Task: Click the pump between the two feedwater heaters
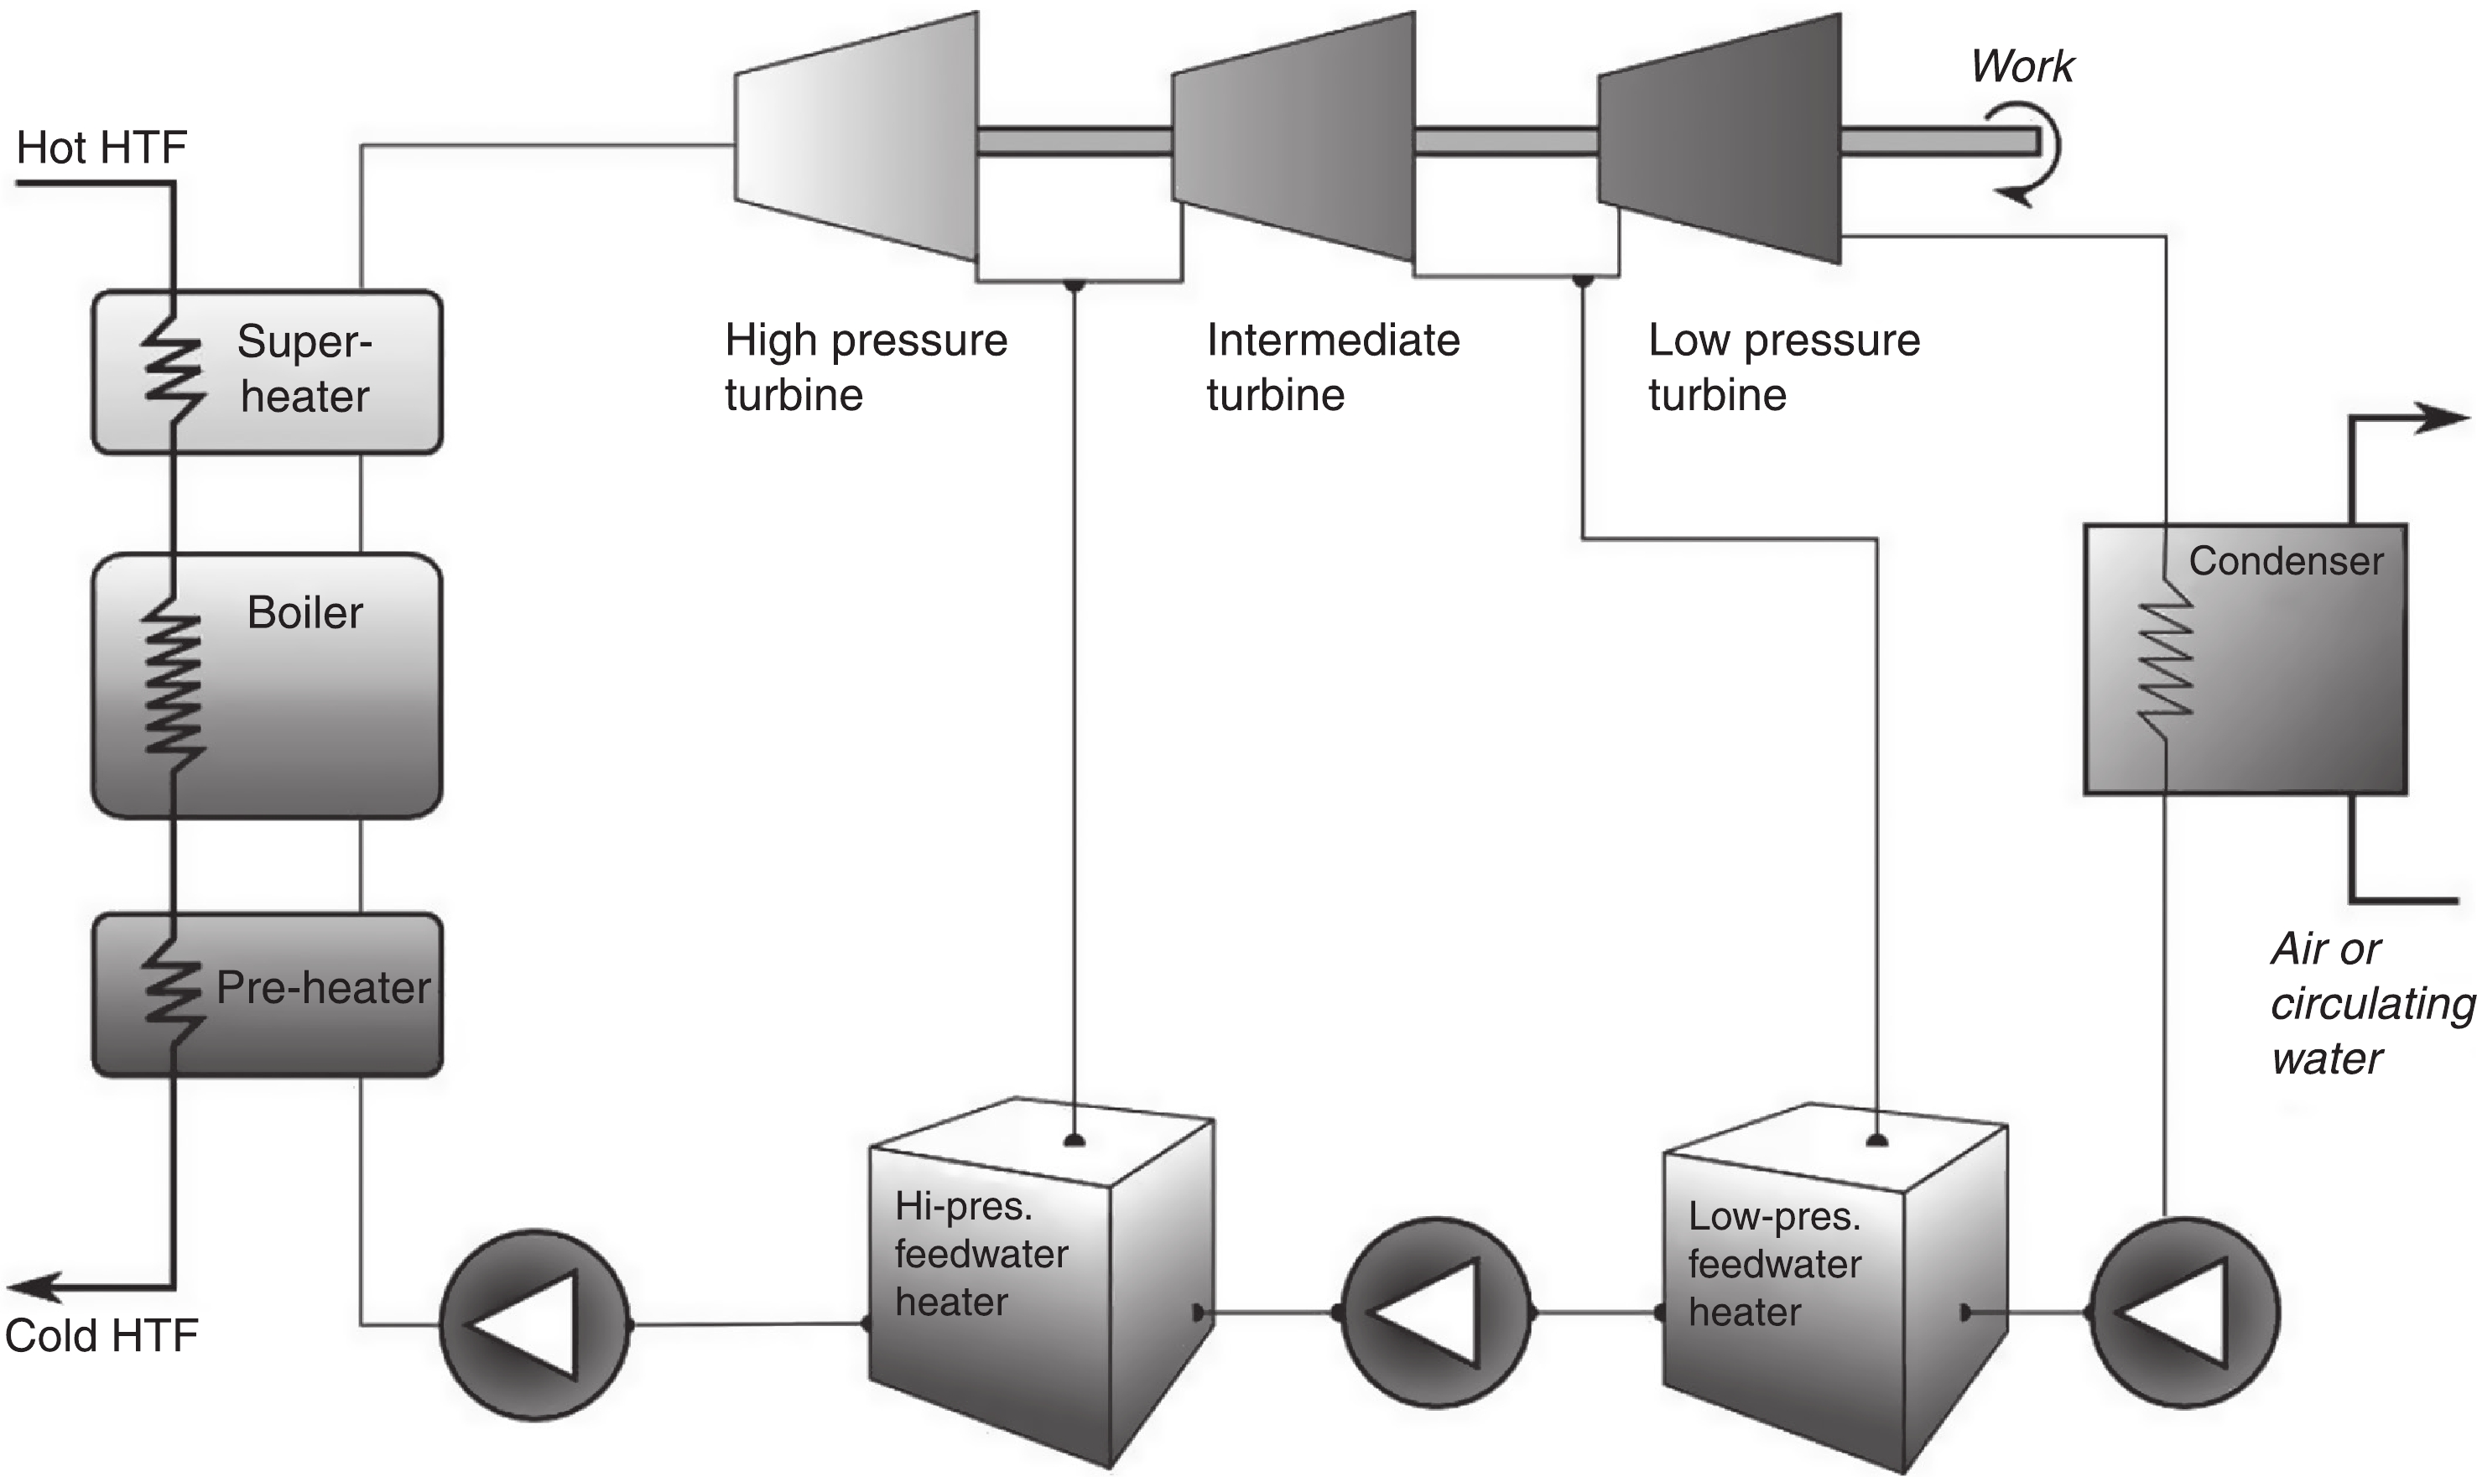[1435, 1313]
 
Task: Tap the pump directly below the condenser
[2183, 1313]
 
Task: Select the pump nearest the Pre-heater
[534, 1324]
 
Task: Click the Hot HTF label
[101, 148]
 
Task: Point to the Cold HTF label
[101, 1335]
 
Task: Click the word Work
[2022, 67]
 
